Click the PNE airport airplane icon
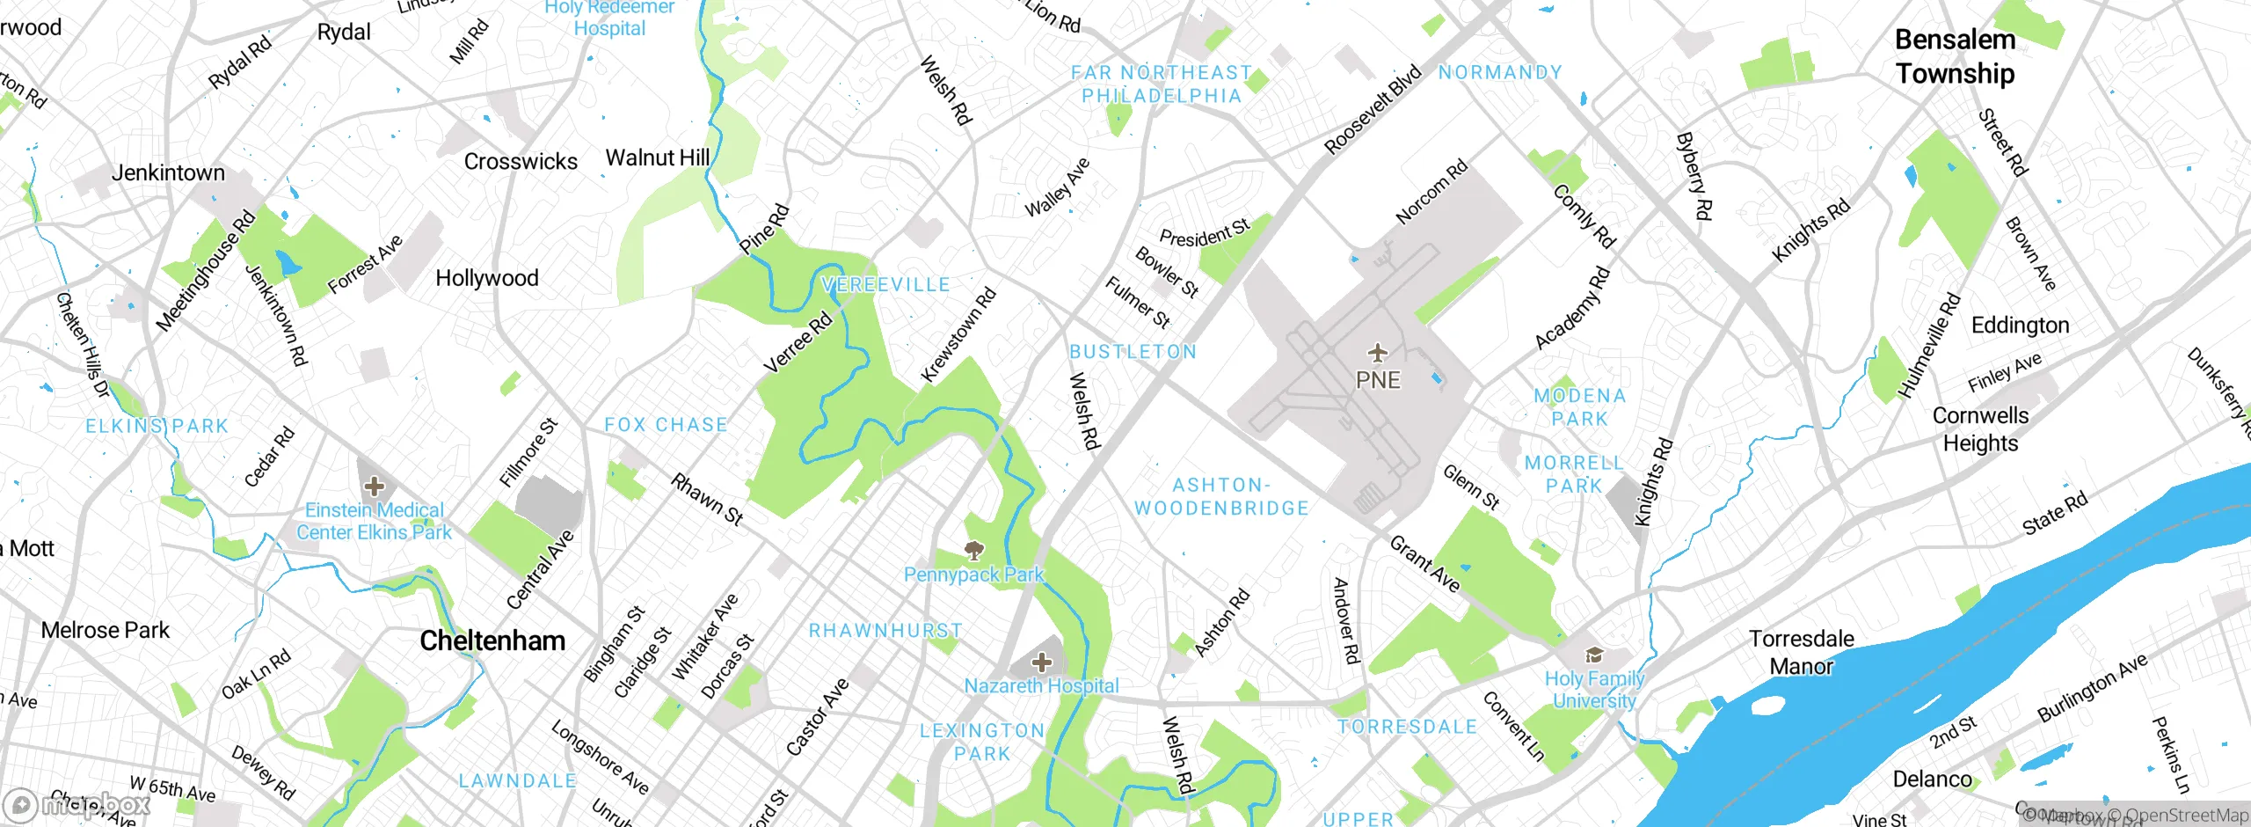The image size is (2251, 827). pyautogui.click(x=1377, y=354)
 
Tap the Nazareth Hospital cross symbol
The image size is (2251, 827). pyautogui.click(x=1041, y=662)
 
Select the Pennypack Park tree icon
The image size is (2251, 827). pyautogui.click(x=973, y=552)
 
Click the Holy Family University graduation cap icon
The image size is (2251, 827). pyautogui.click(x=1593, y=655)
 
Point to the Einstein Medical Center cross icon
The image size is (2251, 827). pyautogui.click(x=374, y=486)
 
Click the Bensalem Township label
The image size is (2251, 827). pyautogui.click(x=1955, y=56)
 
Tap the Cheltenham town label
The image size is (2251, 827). pyautogui.click(x=492, y=640)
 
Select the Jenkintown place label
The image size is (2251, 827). pyautogui.click(x=168, y=172)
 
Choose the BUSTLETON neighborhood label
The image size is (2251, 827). pyautogui.click(x=1133, y=352)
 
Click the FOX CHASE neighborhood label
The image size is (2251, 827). pyautogui.click(x=666, y=425)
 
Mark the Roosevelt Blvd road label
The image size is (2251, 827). pyautogui.click(x=1373, y=109)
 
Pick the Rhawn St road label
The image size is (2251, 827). pyautogui.click(x=707, y=499)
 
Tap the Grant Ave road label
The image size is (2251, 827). pyautogui.click(x=1424, y=564)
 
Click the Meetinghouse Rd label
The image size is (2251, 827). pyautogui.click(x=205, y=271)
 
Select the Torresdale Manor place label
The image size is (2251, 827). pyautogui.click(x=1801, y=652)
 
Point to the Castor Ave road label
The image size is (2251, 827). pyautogui.click(x=817, y=716)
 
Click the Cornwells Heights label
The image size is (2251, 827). pyautogui.click(x=1980, y=428)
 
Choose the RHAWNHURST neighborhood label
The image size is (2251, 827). pyautogui.click(x=885, y=631)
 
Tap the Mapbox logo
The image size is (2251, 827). pyautogui.click(x=77, y=804)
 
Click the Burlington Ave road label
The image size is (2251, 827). pyautogui.click(x=2093, y=688)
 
